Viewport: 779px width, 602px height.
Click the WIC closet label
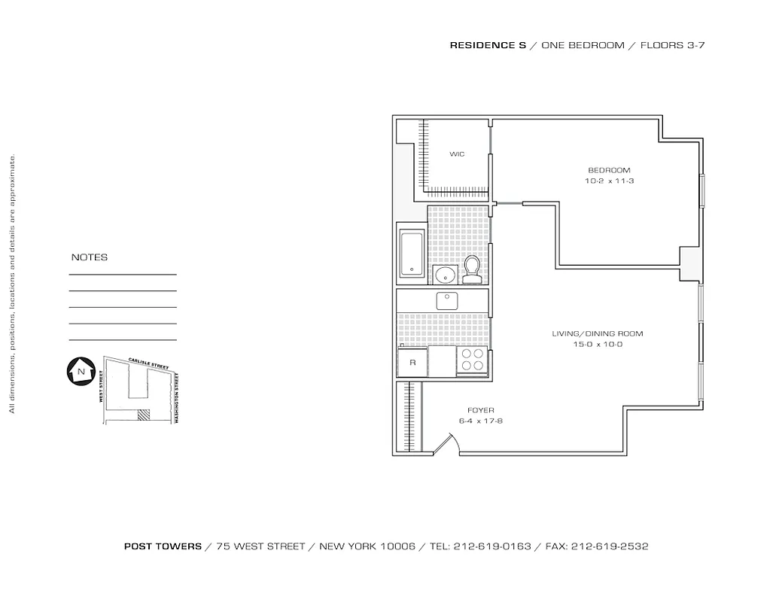[x=457, y=154]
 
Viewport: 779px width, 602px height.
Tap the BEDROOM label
[x=609, y=170]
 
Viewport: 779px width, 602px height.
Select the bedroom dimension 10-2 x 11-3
[x=609, y=181]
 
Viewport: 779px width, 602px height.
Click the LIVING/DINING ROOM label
[x=598, y=333]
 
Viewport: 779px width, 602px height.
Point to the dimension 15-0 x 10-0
[x=598, y=345]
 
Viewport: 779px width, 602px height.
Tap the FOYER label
[x=480, y=410]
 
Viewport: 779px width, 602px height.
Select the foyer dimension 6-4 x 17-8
[x=480, y=421]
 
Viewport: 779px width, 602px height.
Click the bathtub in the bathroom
[x=412, y=253]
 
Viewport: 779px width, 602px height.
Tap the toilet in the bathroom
[x=472, y=269]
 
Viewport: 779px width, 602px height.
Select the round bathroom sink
[x=444, y=274]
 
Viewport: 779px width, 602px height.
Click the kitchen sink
[x=448, y=300]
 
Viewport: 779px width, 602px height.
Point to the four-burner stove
[x=472, y=360]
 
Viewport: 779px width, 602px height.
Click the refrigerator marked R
[x=412, y=362]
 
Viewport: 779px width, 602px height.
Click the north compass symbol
[x=79, y=372]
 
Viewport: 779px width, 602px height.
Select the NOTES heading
[x=90, y=257]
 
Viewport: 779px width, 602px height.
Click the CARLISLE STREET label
[x=148, y=364]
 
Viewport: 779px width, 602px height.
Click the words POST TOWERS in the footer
[x=163, y=547]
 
